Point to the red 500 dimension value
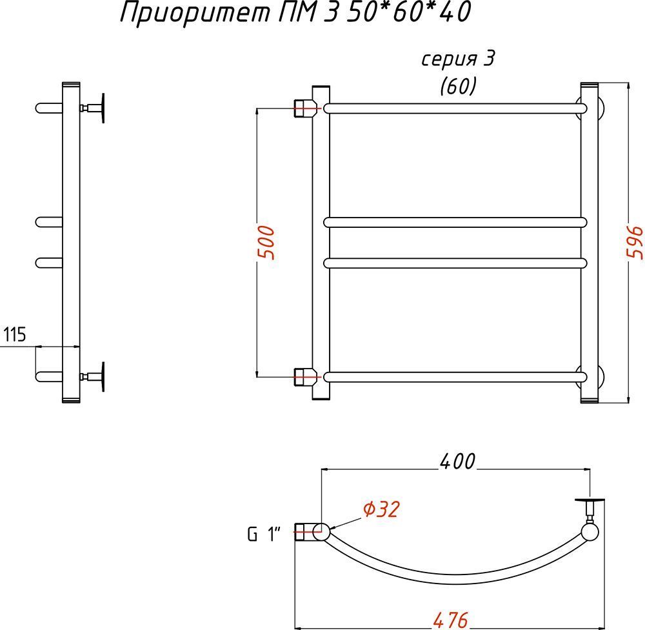coord(267,243)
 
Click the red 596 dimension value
coord(636,243)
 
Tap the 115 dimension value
coord(15,335)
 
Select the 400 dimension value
coord(457,461)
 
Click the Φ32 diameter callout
coord(381,509)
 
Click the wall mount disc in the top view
coord(590,500)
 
